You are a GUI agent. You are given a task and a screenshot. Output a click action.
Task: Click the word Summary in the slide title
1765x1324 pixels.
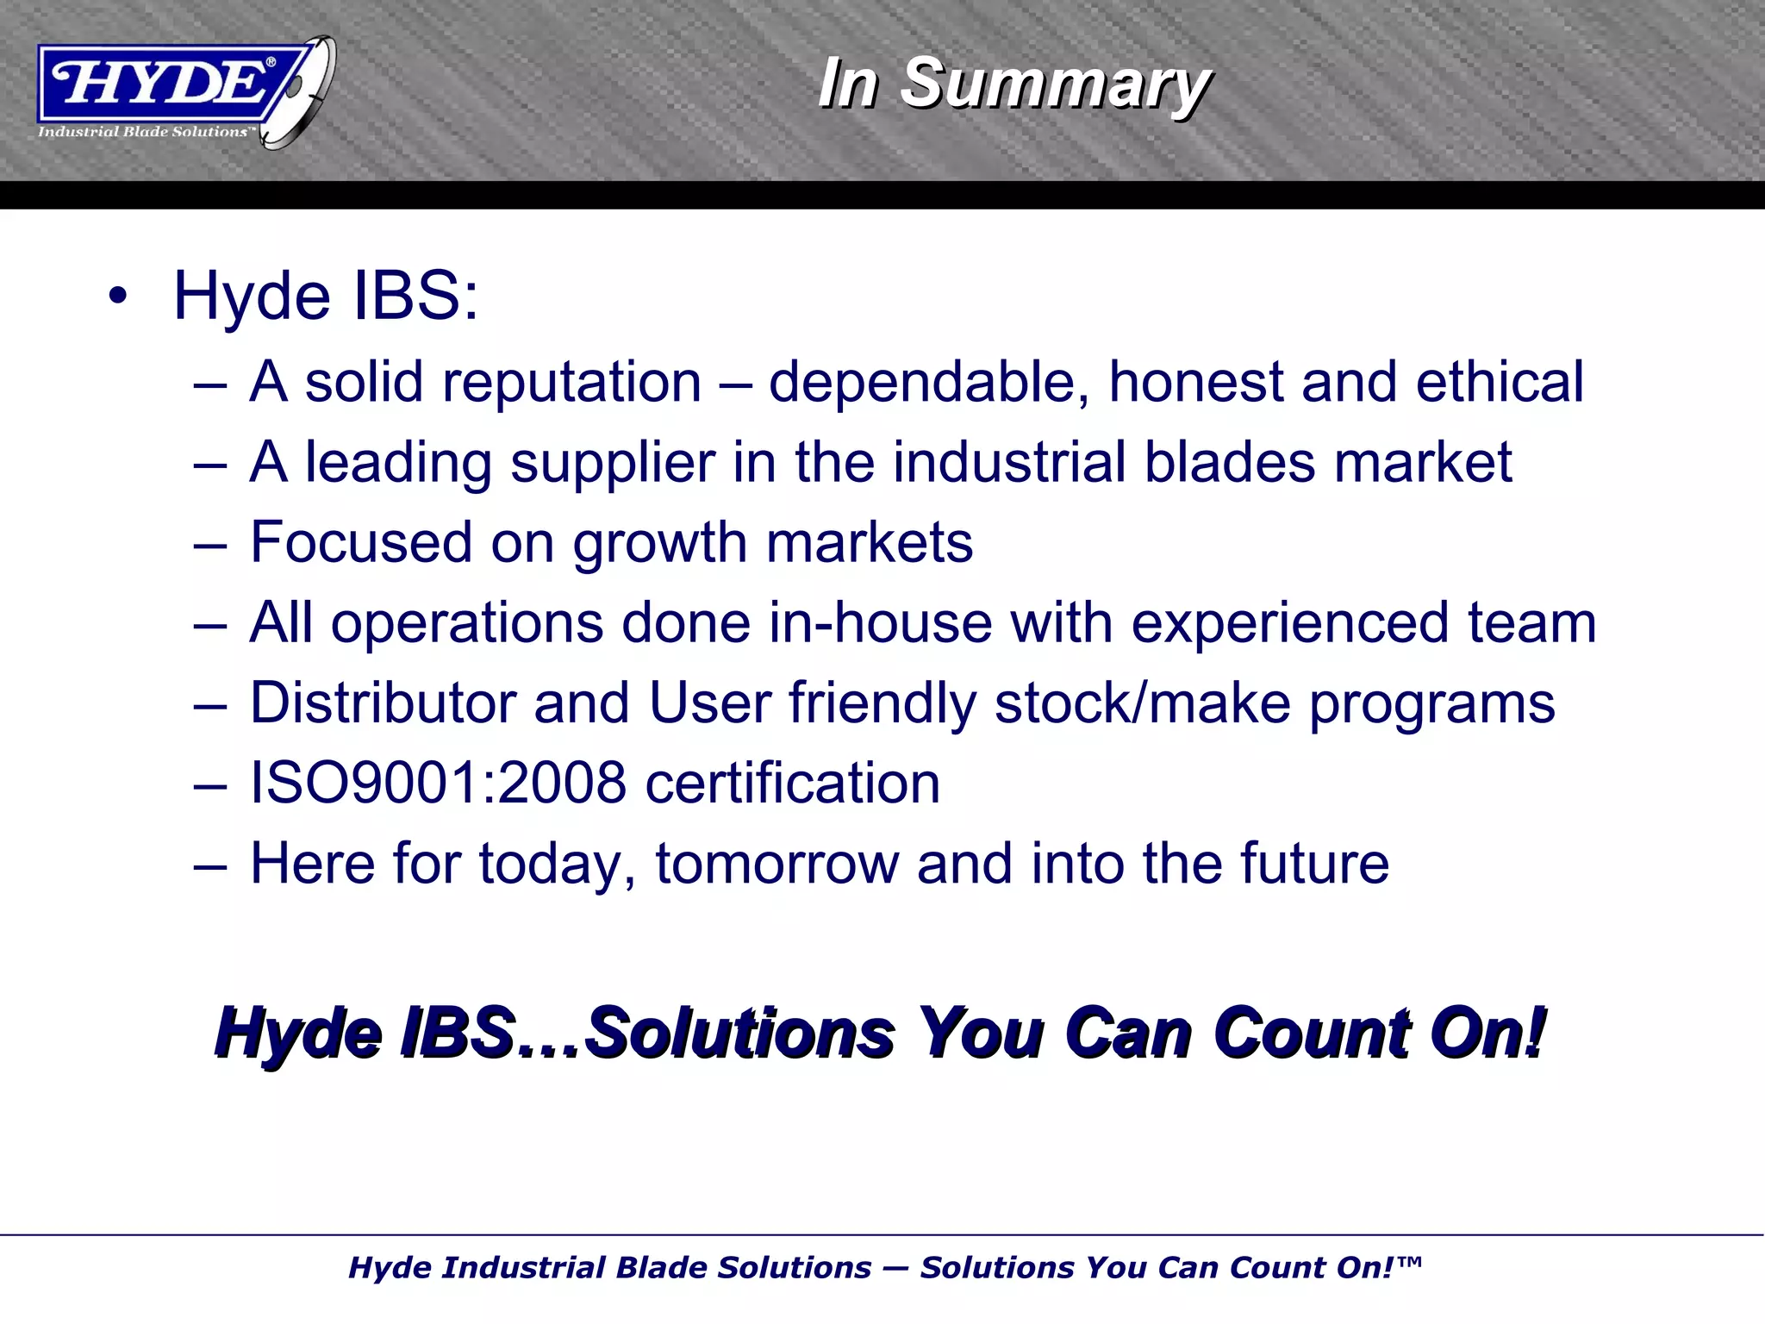pyautogui.click(x=1055, y=84)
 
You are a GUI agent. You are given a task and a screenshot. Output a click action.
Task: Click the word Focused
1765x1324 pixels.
pyautogui.click(x=360, y=542)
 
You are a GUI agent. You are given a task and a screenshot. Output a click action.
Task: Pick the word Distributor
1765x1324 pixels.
pyautogui.click(x=383, y=703)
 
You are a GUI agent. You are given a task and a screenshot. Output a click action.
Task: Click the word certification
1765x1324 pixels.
pyautogui.click(x=792, y=783)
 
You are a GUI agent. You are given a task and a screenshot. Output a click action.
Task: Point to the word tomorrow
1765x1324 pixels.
pyautogui.click(x=777, y=863)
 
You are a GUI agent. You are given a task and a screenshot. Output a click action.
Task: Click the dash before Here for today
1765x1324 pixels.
pyautogui.click(x=210, y=865)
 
